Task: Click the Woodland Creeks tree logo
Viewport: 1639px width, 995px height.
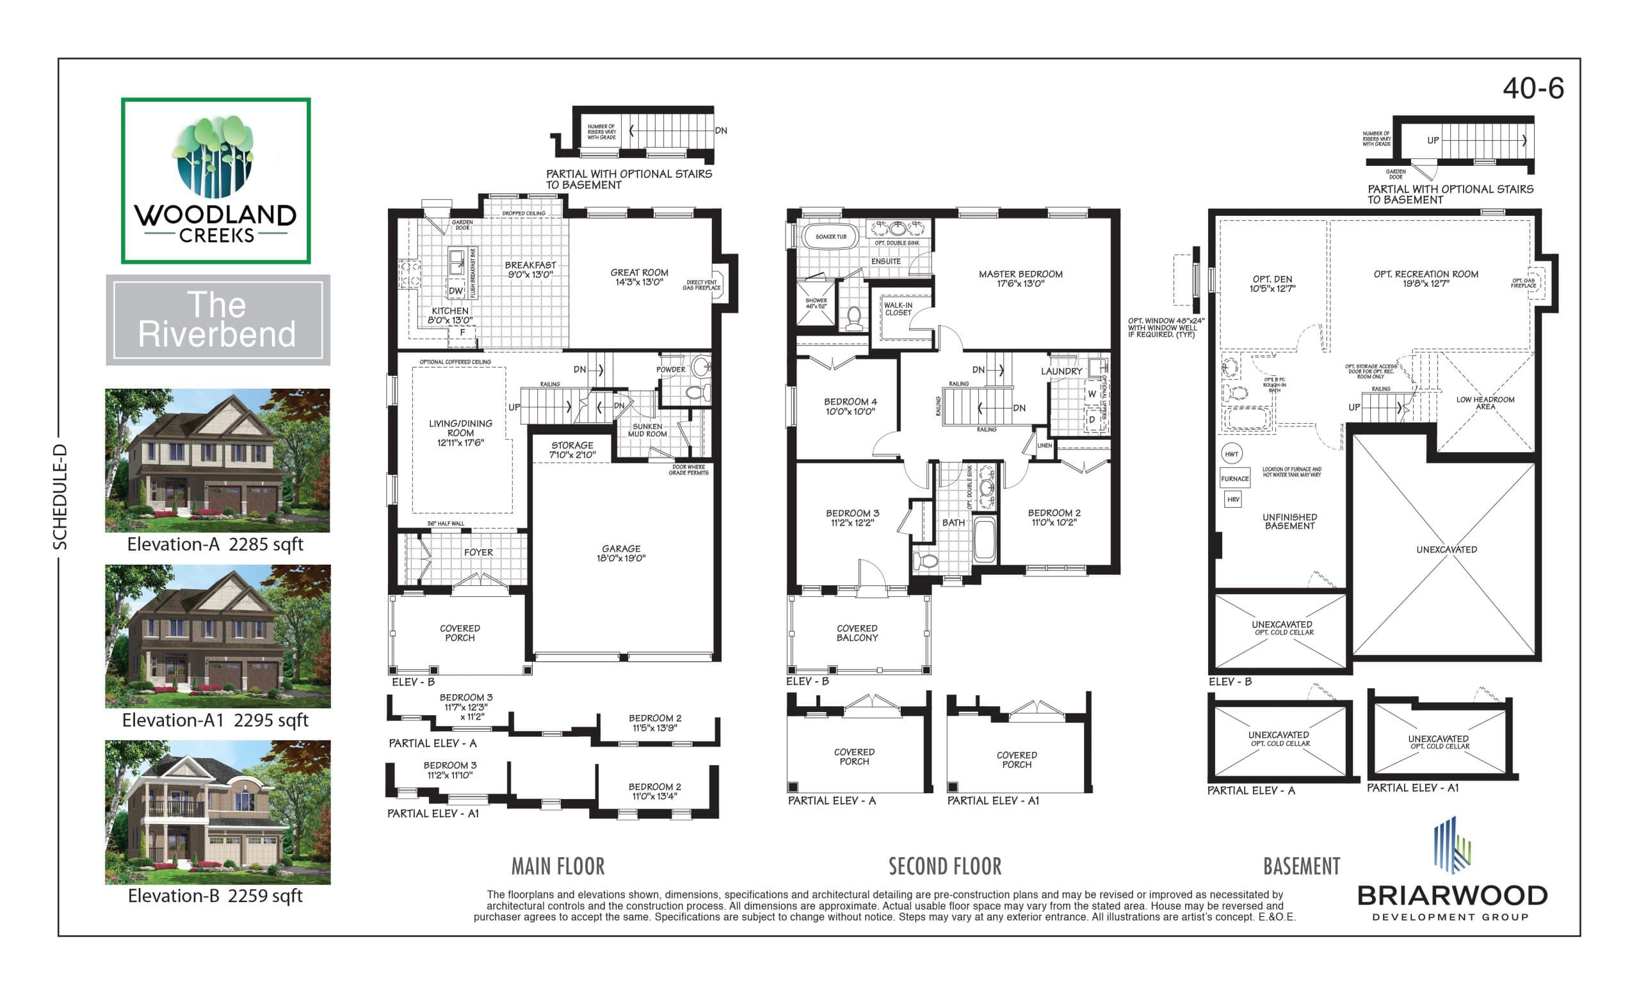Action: tap(214, 157)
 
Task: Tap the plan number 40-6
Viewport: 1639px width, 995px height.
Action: tap(1533, 88)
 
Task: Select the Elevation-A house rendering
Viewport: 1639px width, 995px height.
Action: tap(217, 460)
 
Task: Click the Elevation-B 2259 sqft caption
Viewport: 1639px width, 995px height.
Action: tap(215, 896)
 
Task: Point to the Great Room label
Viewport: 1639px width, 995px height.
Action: tap(638, 277)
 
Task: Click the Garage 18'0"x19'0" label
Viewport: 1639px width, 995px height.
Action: tap(620, 553)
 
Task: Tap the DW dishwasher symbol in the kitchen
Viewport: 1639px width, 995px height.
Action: tap(456, 291)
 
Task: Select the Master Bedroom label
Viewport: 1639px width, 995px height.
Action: tap(1020, 279)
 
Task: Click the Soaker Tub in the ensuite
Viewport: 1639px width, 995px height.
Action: tap(830, 237)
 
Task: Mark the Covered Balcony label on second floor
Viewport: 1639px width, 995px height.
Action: tap(857, 633)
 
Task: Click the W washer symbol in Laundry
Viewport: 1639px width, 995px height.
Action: tap(1092, 394)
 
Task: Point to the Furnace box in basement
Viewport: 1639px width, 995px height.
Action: tap(1234, 478)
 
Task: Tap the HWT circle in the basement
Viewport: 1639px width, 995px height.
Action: tap(1231, 454)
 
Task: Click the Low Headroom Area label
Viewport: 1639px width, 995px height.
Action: tap(1485, 403)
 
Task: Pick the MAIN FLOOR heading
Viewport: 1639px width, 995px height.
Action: tap(558, 866)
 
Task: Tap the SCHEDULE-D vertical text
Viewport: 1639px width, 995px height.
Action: tap(61, 497)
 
